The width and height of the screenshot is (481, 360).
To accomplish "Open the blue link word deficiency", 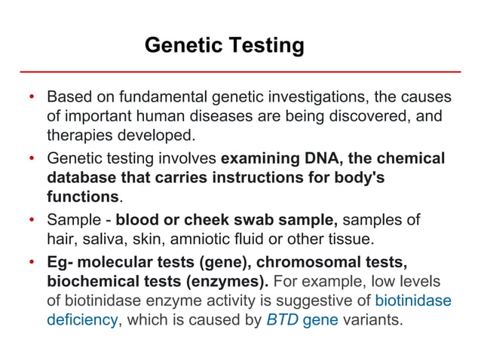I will coord(81,320).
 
